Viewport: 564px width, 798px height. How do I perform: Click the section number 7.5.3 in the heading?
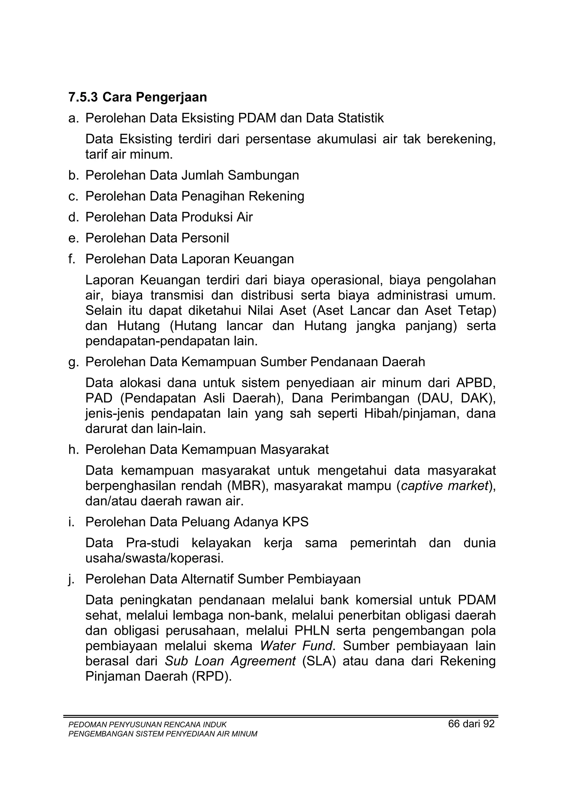point(83,97)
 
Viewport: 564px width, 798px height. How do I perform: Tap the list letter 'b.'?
point(74,175)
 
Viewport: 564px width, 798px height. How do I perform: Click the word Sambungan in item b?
point(263,175)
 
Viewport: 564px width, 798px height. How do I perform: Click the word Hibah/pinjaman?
point(411,414)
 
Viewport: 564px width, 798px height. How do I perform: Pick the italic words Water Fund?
point(296,646)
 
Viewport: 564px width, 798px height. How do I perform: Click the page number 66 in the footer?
point(454,724)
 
